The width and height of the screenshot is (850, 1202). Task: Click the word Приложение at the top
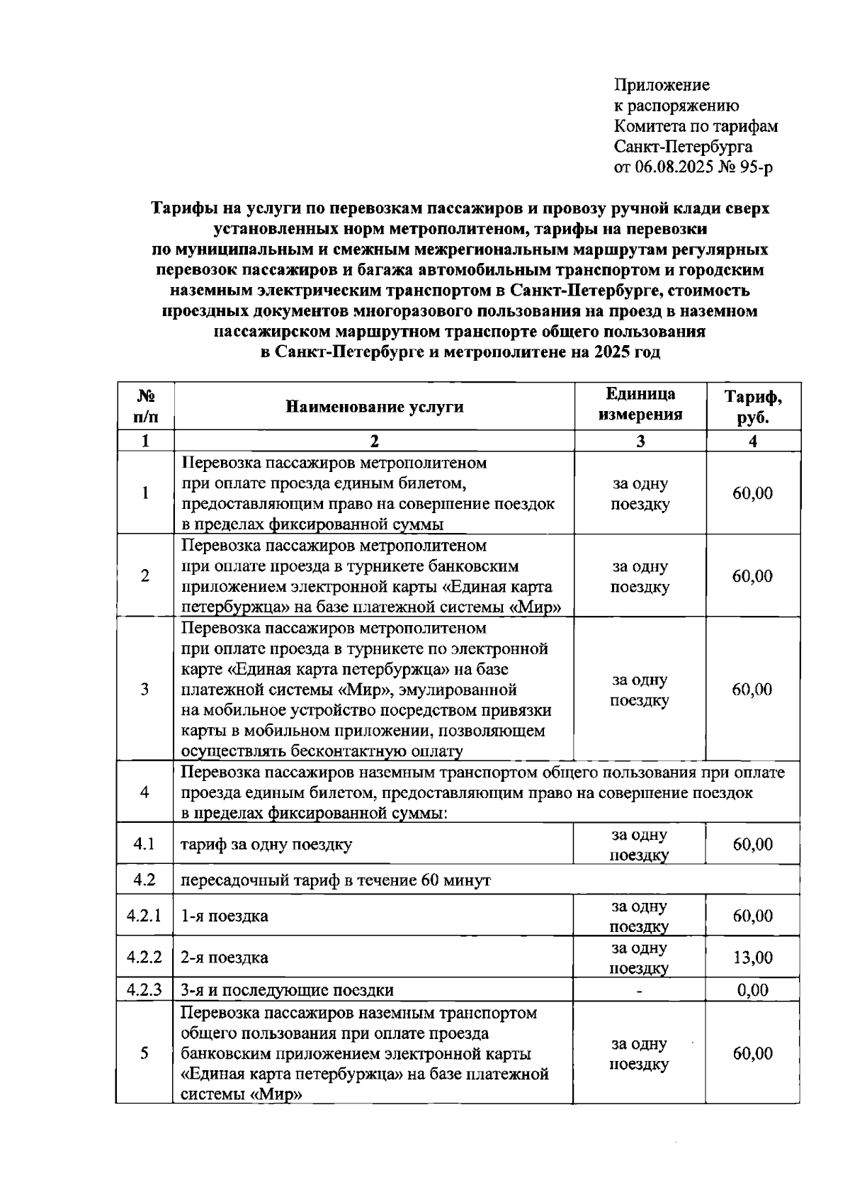(x=661, y=85)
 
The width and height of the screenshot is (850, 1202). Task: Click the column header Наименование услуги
(x=375, y=406)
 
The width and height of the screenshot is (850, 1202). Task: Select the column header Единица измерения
(x=640, y=405)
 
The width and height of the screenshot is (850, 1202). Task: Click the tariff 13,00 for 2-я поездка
(x=752, y=957)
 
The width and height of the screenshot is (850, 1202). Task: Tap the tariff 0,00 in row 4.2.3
(x=752, y=990)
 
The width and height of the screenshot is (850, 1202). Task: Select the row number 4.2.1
(x=144, y=916)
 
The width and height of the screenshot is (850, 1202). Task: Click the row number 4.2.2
(x=144, y=957)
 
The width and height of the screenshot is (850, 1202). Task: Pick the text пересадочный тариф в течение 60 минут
(x=335, y=880)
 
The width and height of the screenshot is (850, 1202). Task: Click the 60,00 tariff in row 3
(x=752, y=690)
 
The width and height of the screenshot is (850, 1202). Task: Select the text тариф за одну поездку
(x=266, y=845)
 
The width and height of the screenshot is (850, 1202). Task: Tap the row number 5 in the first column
(x=144, y=1053)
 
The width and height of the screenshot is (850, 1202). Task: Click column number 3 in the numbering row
(x=640, y=441)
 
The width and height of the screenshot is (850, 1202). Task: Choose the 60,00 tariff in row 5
(x=752, y=1053)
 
